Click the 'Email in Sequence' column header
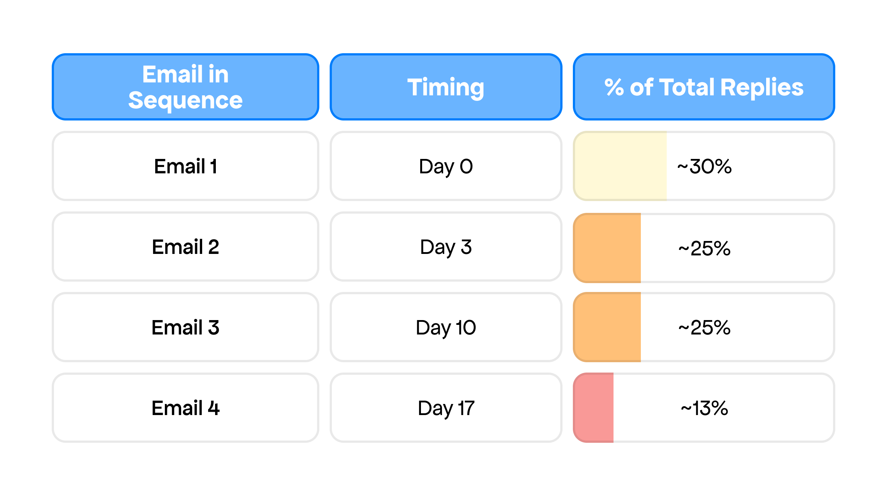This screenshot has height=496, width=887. click(185, 87)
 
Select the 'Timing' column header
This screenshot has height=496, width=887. click(446, 87)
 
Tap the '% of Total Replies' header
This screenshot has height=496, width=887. click(704, 87)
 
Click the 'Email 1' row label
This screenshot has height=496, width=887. click(185, 166)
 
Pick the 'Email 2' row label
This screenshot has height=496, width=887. click(185, 247)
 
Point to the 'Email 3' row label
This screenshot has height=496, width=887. click(185, 327)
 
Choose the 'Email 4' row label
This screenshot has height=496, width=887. click(185, 408)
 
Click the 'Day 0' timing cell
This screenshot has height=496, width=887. click(446, 166)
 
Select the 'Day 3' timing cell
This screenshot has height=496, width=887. click(446, 247)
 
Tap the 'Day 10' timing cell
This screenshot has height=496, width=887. click(446, 327)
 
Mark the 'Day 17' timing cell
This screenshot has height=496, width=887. click(446, 408)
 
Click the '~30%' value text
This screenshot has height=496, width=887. click(704, 166)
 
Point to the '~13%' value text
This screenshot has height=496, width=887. click(704, 408)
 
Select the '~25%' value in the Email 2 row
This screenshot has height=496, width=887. click(704, 248)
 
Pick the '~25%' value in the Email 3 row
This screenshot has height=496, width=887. click(704, 327)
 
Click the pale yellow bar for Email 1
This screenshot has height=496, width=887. click(620, 166)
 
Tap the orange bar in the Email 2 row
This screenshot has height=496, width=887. click(607, 248)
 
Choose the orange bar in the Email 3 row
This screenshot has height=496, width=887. click(607, 327)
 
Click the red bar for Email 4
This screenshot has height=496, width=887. click(593, 408)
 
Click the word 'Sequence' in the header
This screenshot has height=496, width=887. click(185, 101)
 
